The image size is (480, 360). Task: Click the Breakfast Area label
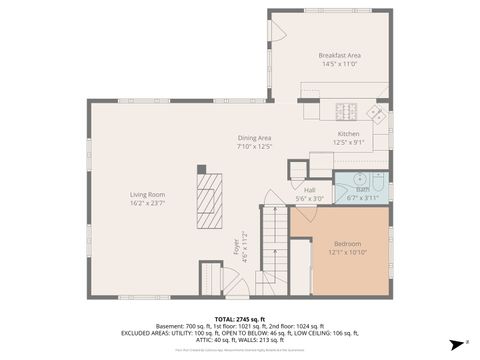(x=339, y=55)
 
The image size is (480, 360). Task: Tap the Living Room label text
(x=147, y=194)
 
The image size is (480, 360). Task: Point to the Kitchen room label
(x=348, y=133)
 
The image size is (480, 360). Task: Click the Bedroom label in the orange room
(x=348, y=243)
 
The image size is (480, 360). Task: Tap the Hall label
(x=309, y=189)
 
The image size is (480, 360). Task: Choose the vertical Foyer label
(x=237, y=245)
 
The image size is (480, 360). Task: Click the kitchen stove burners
(x=348, y=112)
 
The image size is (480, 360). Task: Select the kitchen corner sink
(x=377, y=113)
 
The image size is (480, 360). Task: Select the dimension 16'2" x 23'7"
(x=147, y=203)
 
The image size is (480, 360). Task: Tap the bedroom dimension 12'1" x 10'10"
(x=348, y=252)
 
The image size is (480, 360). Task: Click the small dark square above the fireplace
(x=201, y=169)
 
